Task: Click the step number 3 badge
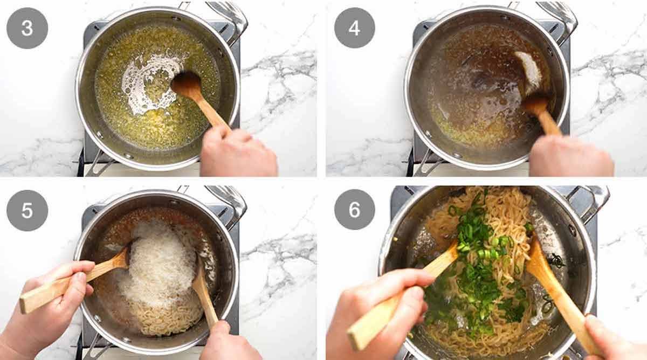pos(27,28)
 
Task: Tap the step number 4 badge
pos(354,28)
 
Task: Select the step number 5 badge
pos(27,210)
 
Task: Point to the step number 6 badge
pos(354,210)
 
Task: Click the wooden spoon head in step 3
pos(187,85)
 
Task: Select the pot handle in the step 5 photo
pos(226,199)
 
